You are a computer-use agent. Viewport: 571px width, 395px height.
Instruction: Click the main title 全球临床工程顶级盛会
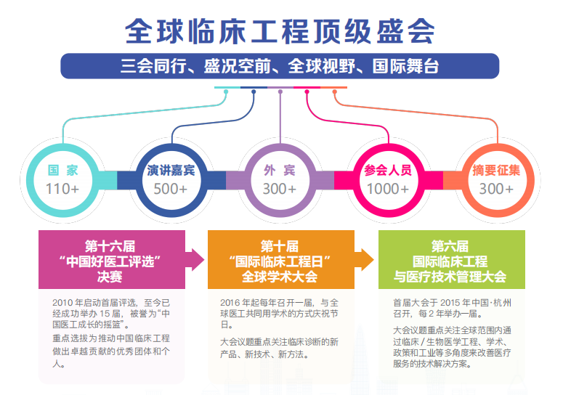click(280, 31)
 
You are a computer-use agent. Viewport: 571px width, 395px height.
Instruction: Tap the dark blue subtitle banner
click(280, 66)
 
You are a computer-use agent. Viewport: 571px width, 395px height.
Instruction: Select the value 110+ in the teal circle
click(62, 189)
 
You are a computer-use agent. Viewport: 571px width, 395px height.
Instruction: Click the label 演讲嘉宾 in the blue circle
click(171, 170)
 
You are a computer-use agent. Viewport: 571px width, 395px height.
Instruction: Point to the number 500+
click(171, 189)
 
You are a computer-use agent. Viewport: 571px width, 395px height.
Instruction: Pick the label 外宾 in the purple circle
click(279, 170)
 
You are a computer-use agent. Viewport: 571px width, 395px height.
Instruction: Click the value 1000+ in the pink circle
click(388, 189)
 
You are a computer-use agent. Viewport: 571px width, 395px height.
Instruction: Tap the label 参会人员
click(388, 170)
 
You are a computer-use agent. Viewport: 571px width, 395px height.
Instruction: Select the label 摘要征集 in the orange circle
click(496, 170)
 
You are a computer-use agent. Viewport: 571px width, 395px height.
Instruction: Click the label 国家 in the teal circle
click(62, 170)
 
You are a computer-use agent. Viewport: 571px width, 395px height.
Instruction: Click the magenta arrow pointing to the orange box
click(195, 259)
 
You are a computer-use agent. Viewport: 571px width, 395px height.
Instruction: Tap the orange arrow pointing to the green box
click(364, 259)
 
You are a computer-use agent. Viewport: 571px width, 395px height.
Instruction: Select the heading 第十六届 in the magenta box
click(110, 246)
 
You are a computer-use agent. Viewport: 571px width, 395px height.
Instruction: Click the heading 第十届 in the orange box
click(280, 246)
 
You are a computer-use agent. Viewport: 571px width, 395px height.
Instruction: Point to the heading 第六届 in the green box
click(450, 246)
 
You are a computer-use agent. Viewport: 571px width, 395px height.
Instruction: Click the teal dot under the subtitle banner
click(226, 91)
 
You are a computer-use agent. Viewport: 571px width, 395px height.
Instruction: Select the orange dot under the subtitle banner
click(335, 91)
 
